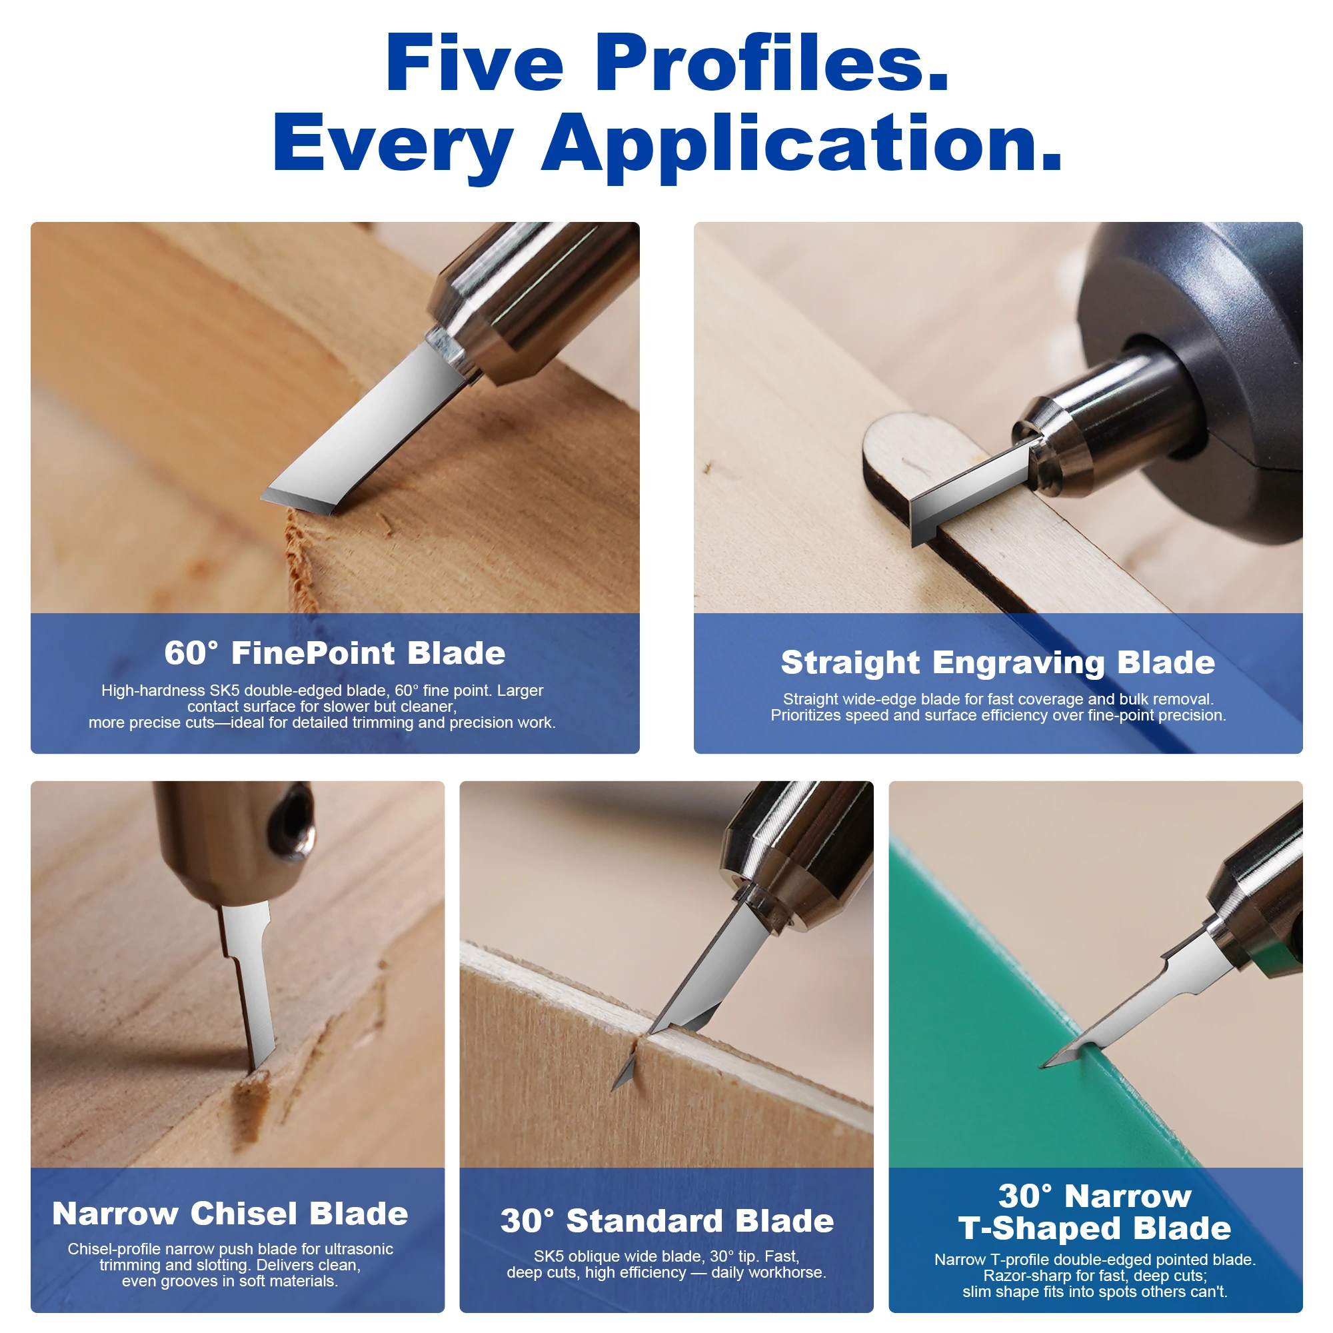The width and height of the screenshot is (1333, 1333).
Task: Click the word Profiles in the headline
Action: tap(771, 63)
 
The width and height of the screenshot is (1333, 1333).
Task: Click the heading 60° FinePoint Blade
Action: tap(335, 653)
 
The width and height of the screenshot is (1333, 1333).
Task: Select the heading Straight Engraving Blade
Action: tap(998, 663)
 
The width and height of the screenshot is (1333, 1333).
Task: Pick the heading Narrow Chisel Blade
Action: tap(231, 1213)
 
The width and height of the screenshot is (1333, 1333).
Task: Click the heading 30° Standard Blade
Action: tap(666, 1220)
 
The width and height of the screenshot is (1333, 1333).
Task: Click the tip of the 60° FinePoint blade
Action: tap(262, 497)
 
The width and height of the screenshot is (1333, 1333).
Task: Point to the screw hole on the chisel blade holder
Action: tap(293, 822)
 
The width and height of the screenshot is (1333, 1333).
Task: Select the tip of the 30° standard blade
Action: tap(613, 1090)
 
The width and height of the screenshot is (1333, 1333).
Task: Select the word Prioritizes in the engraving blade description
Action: tap(806, 715)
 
